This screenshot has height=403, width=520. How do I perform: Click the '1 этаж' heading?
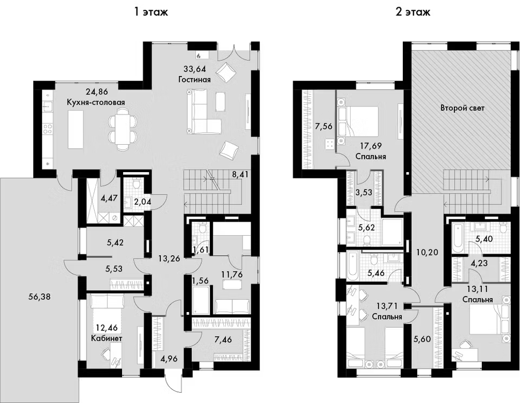click(x=151, y=12)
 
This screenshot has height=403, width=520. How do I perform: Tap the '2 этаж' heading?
click(x=413, y=12)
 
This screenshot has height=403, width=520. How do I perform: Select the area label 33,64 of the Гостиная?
click(x=195, y=69)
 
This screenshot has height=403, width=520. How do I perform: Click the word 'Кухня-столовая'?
click(x=96, y=102)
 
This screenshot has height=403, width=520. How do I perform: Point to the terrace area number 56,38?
click(x=39, y=297)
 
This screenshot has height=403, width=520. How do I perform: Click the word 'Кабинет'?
click(x=106, y=338)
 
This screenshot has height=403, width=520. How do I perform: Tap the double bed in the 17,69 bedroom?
click(x=358, y=121)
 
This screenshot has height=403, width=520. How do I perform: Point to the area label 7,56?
click(x=323, y=126)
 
